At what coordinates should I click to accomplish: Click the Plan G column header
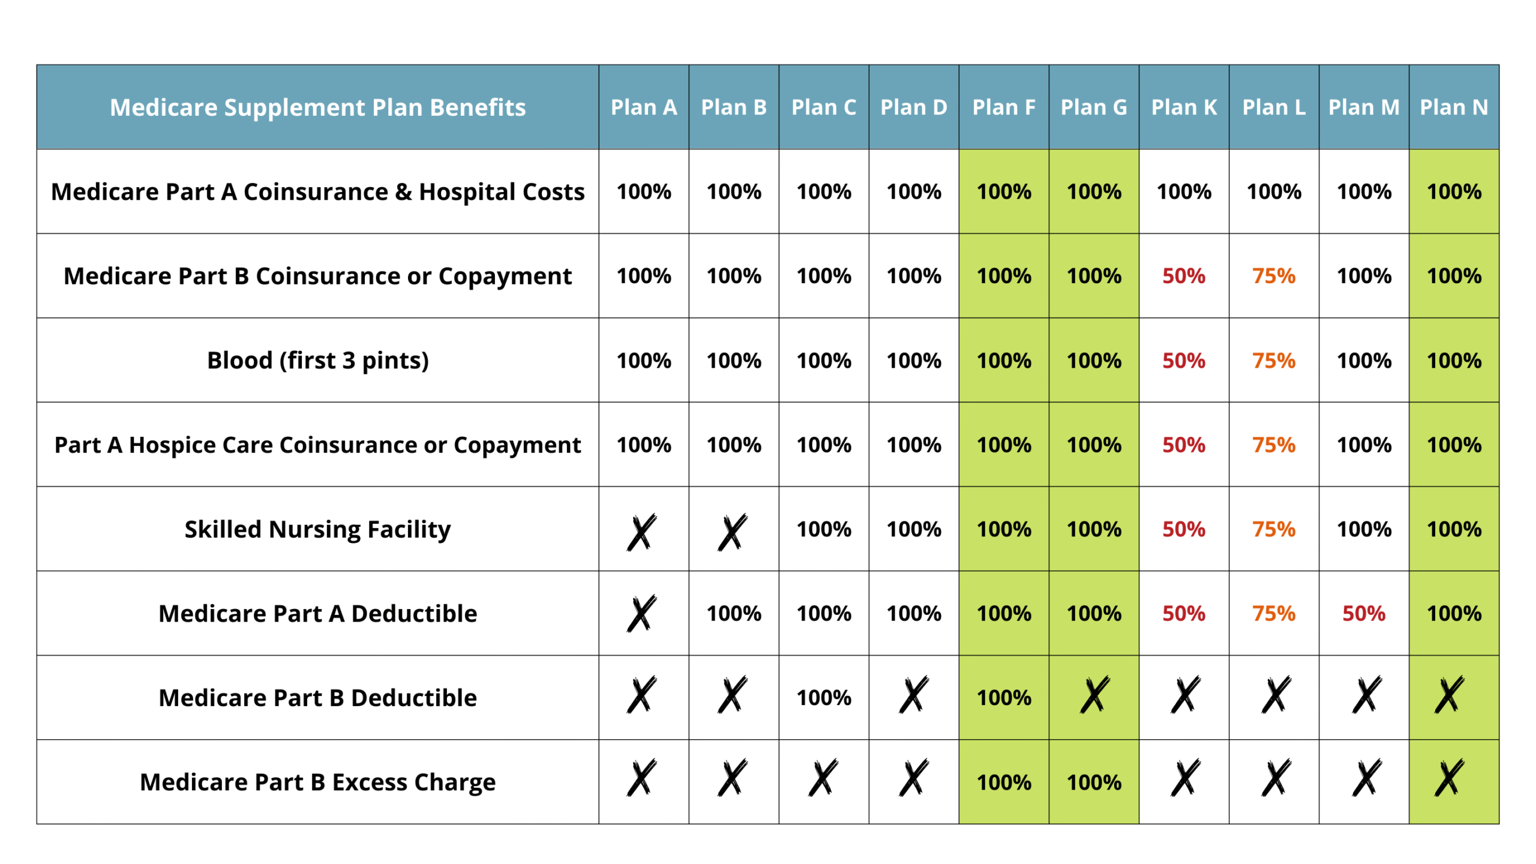click(1093, 107)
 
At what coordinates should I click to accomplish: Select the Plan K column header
click(1183, 107)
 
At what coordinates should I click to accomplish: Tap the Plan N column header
click(1453, 107)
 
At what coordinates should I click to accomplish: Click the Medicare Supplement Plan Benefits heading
click(317, 107)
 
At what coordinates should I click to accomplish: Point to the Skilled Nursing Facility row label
click(317, 529)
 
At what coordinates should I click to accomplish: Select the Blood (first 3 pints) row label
click(317, 361)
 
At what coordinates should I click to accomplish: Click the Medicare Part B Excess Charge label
click(317, 782)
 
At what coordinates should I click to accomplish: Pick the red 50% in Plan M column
click(1363, 613)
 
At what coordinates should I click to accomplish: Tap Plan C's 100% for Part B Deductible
click(823, 698)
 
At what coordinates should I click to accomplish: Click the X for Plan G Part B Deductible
click(1094, 695)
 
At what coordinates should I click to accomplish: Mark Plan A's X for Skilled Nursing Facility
click(641, 532)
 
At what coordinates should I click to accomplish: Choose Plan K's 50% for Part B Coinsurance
click(1183, 276)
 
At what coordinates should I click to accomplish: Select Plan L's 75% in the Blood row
click(1273, 361)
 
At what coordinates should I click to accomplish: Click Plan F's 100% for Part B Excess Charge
click(1003, 782)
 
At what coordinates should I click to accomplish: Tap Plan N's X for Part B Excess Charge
click(1449, 778)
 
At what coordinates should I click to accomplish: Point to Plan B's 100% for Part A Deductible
click(733, 613)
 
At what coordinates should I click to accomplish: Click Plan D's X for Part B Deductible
click(913, 695)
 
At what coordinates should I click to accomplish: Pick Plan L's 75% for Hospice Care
click(1273, 445)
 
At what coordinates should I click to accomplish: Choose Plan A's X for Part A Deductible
click(641, 613)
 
